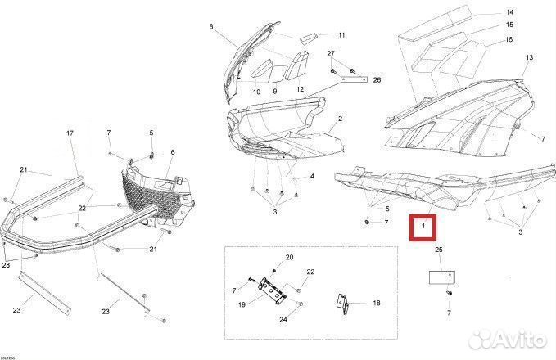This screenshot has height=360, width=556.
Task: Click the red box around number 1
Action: (424, 225)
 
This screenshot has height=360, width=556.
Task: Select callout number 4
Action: (311, 176)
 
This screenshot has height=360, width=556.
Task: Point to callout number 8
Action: (211, 27)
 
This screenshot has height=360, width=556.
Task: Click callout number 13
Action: (529, 57)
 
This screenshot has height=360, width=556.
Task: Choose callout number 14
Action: (509, 12)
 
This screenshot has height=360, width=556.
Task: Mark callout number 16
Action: (509, 39)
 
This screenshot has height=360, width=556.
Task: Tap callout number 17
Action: (70, 133)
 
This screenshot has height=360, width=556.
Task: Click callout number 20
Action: (289, 257)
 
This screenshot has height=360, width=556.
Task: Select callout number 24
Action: (283, 319)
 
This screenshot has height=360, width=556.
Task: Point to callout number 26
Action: (377, 80)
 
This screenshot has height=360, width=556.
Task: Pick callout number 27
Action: (331, 53)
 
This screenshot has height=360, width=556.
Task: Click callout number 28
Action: (7, 266)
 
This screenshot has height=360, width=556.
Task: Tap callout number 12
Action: (300, 89)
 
